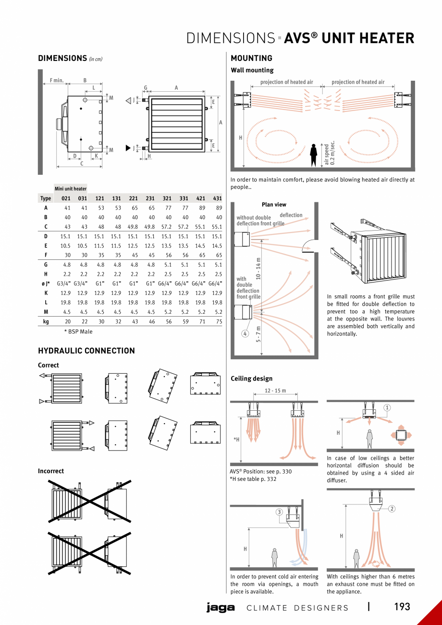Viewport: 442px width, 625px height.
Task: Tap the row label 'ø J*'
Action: point(46,283)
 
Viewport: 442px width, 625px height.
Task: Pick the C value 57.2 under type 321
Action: point(167,227)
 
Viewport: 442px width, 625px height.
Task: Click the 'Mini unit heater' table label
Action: point(71,189)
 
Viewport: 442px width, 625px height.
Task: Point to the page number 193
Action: point(402,607)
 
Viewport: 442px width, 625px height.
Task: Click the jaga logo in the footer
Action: point(221,608)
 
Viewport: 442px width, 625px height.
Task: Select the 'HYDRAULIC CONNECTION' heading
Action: point(86,351)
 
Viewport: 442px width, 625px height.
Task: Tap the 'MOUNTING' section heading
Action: point(251,58)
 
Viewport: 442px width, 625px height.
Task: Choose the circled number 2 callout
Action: point(392,509)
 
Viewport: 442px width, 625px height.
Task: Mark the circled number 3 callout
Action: point(279,512)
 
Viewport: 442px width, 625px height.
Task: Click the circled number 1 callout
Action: point(387,408)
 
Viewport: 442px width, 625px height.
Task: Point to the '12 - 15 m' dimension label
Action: point(276,391)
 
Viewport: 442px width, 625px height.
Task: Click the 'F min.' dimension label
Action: point(57,80)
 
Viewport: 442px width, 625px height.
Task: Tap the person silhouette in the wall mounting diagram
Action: point(314,155)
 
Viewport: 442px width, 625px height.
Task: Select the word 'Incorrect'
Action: point(51,471)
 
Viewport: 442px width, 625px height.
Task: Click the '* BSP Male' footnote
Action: point(78,331)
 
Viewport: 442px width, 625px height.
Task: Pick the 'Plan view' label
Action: point(274,205)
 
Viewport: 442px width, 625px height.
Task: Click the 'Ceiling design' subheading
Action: point(251,379)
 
